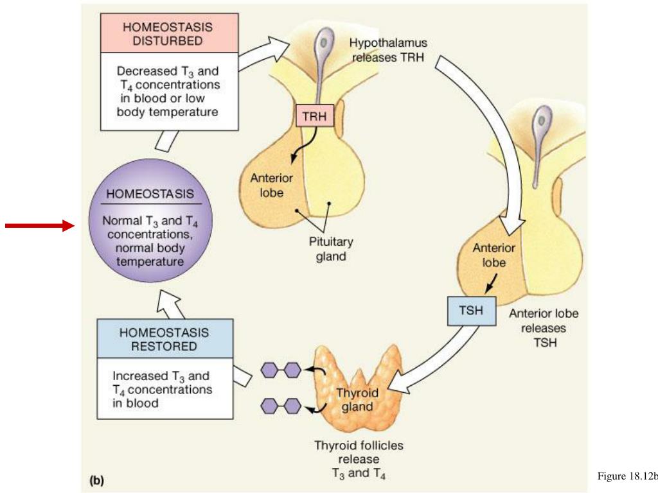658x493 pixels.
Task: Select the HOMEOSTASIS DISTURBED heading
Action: click(168, 34)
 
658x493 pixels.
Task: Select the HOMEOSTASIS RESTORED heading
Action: click(164, 340)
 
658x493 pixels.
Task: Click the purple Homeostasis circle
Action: click(144, 225)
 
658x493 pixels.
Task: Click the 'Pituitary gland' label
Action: click(331, 249)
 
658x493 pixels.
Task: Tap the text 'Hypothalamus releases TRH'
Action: click(388, 49)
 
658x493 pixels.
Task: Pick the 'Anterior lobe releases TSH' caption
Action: click(543, 327)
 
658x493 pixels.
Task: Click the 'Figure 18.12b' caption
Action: click(627, 476)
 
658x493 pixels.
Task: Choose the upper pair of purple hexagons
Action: click(281, 370)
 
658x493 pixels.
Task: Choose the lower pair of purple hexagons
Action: click(281, 406)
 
